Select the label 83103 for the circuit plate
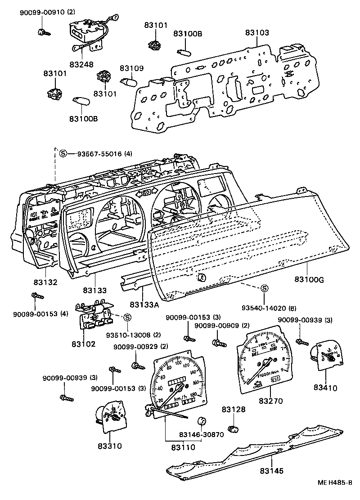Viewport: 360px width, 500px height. (x=257, y=33)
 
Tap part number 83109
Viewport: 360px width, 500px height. (x=131, y=68)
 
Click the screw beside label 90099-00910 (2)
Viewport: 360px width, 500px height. (x=43, y=32)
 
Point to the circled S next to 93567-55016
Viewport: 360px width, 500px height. (x=63, y=153)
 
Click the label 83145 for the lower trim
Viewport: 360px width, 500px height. (x=271, y=471)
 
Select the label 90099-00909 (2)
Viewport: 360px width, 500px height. (x=222, y=326)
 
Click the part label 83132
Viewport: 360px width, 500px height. (x=45, y=282)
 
